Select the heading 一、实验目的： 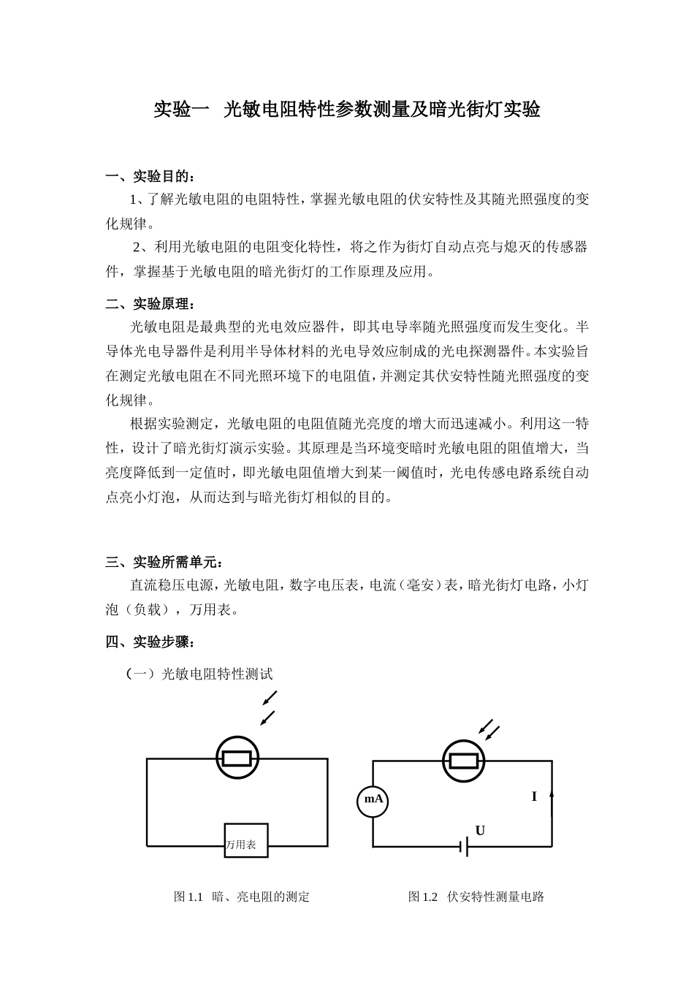(x=151, y=176)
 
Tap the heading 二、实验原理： (x=151, y=303)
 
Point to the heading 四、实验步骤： (x=151, y=642)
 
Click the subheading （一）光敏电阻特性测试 (x=199, y=674)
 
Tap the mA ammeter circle (x=373, y=800)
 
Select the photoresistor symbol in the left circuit (x=237, y=758)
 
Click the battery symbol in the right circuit (x=464, y=847)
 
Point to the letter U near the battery (x=480, y=831)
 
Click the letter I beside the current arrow (x=534, y=796)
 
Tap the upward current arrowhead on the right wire (x=551, y=793)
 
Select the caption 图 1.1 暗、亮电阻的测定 (x=242, y=897)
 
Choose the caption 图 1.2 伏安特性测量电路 (x=476, y=897)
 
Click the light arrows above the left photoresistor (x=268, y=707)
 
